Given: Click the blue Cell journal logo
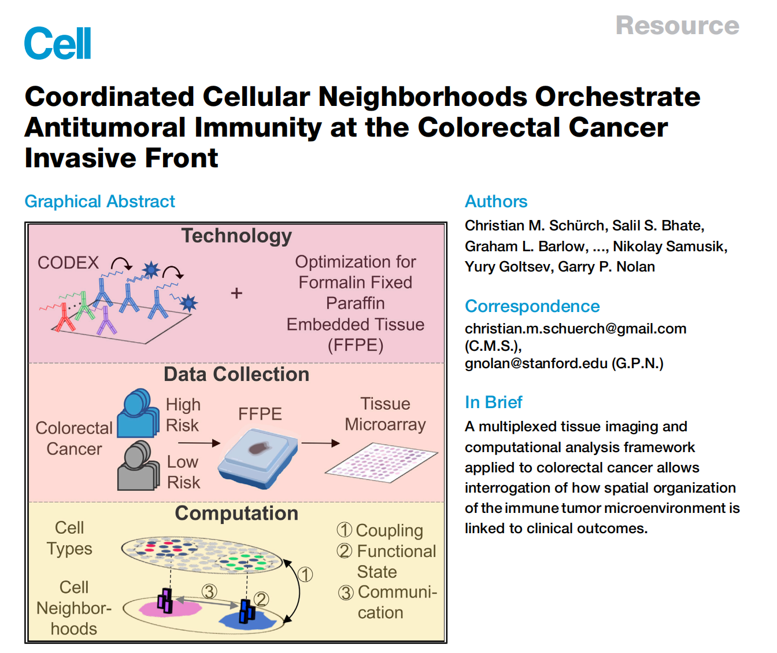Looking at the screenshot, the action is [57, 43].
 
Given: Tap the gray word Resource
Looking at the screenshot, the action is [677, 25].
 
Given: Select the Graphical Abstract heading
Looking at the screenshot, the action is [99, 201].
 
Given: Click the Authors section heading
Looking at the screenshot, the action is [496, 201].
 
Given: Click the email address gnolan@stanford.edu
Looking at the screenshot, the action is [536, 363].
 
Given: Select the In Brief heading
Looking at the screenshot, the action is [494, 402].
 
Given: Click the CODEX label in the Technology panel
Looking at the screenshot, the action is [68, 263].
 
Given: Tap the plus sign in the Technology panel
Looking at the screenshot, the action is [236, 293].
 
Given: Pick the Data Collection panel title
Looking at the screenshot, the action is [236, 374].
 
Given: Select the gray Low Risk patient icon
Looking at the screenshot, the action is [138, 465].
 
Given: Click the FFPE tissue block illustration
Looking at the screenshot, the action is [258, 458].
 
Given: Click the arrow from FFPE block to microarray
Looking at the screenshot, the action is [320, 443].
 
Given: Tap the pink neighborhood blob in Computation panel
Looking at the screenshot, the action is [171, 608].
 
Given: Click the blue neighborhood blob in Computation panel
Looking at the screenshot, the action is [247, 621].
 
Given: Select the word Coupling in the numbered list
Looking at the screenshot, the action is [389, 530].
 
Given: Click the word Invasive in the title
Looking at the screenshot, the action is [80, 157].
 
